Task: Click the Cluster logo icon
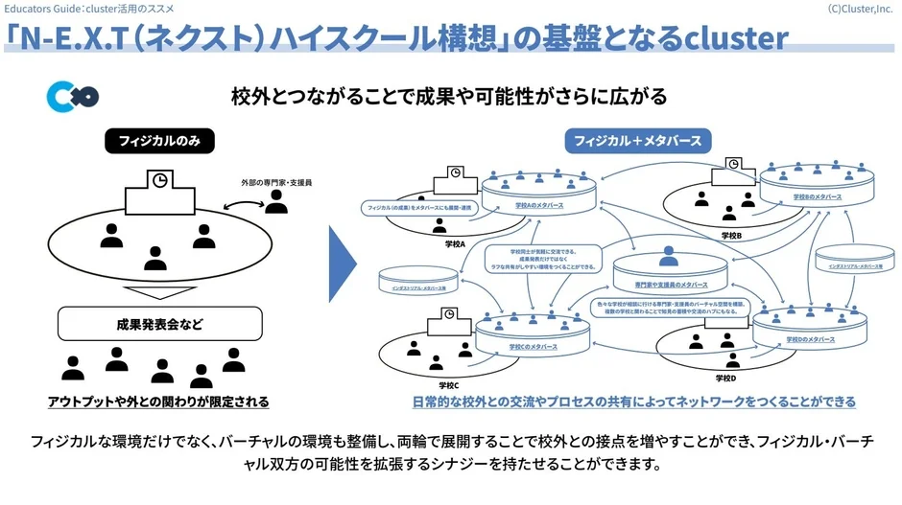click(72, 98)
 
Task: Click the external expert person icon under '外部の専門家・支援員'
click(276, 201)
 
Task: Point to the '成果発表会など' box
click(159, 324)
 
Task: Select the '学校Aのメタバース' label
click(537, 206)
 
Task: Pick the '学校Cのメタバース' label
click(535, 347)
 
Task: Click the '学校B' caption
click(732, 235)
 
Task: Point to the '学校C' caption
click(448, 384)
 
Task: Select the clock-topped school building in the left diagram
click(160, 195)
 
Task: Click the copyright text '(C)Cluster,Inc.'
click(861, 8)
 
